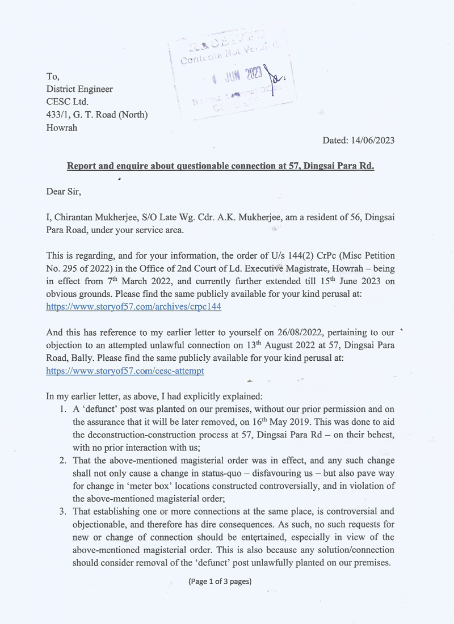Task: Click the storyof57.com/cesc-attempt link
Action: coord(125,370)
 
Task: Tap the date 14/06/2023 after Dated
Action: coord(373,140)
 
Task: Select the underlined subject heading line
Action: coord(220,166)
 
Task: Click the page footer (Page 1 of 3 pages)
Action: coord(220,581)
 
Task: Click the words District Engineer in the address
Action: coord(79,89)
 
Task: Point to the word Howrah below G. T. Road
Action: coord(62,128)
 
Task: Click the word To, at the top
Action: coord(53,77)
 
